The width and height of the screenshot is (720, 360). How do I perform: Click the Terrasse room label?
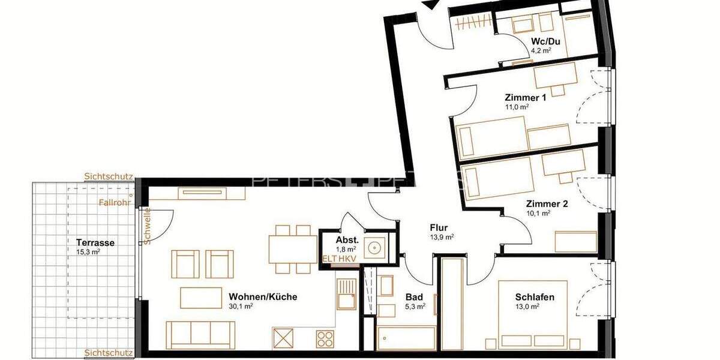point(95,243)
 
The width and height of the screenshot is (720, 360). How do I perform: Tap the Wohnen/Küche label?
point(263,296)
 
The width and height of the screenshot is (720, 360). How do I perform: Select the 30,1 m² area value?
point(241,306)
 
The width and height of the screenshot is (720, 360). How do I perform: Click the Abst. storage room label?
point(347,239)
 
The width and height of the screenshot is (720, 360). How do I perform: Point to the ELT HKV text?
point(340,258)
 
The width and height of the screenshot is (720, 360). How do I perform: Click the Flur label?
point(439,227)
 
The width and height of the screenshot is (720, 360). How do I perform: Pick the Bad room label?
point(414,296)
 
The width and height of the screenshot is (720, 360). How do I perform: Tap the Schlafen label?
point(534,296)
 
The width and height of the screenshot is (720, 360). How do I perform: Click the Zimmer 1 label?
point(525,97)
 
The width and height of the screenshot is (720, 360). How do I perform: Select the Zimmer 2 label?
point(547,203)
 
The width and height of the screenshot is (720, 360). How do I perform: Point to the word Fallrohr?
point(114,203)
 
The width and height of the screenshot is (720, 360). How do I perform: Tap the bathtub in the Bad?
point(406,338)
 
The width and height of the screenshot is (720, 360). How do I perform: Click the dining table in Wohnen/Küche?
point(293,249)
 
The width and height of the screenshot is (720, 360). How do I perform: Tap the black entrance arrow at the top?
point(430,4)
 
